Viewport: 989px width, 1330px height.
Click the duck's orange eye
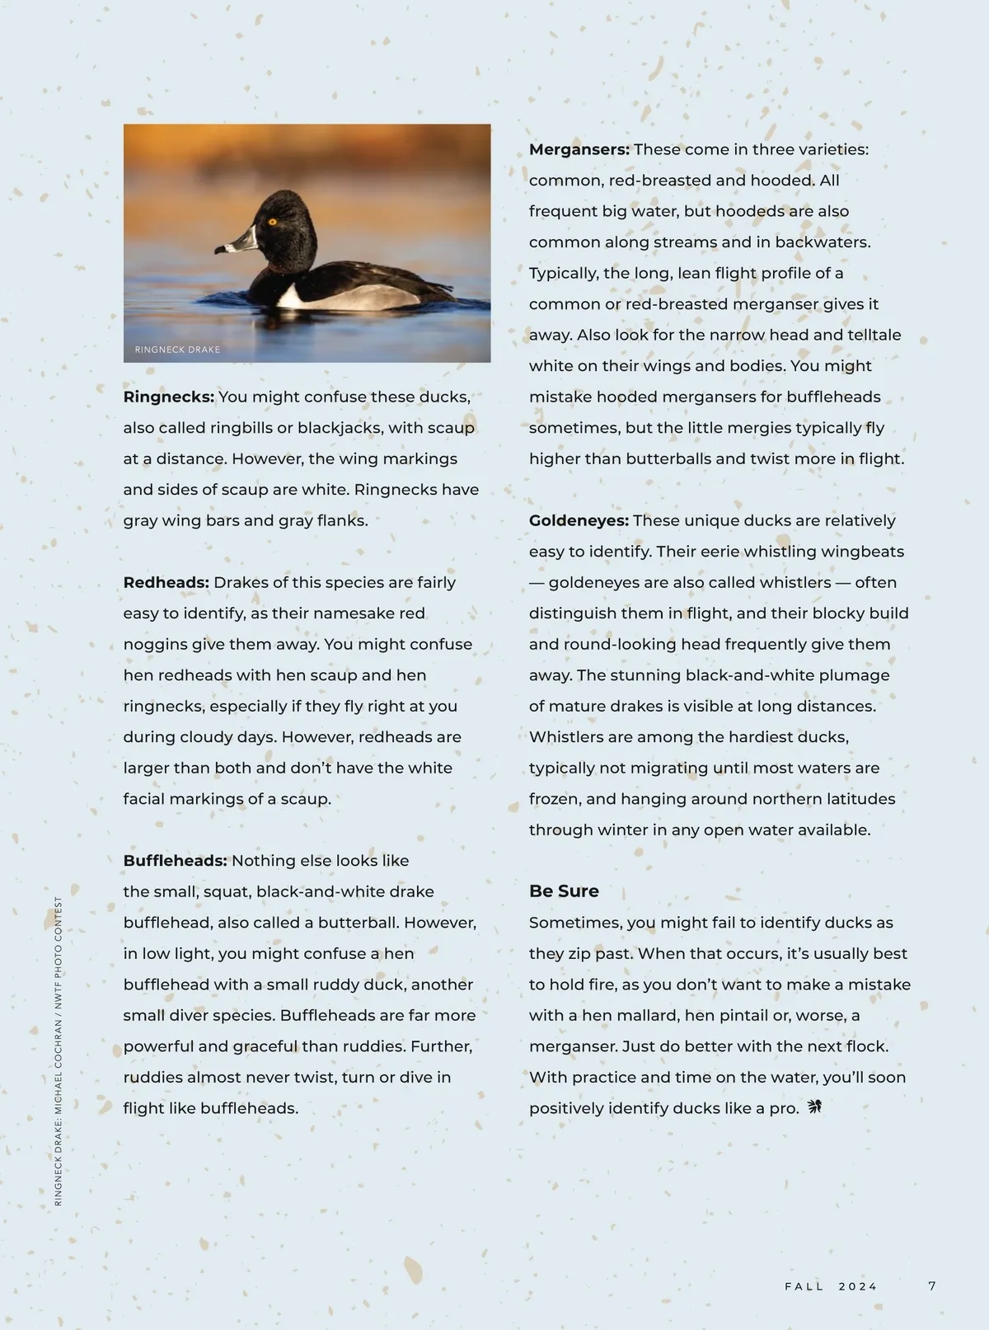point(272,221)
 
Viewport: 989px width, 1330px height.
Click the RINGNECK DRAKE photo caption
point(177,350)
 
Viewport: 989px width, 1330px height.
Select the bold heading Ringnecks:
point(169,397)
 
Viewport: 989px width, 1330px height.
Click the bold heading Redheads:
point(166,582)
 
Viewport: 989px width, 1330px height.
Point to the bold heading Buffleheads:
point(176,861)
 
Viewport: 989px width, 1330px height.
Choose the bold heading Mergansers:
point(579,149)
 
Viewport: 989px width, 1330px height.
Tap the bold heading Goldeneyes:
point(579,520)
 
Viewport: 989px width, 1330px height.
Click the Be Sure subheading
point(564,891)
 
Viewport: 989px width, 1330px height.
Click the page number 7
point(932,1286)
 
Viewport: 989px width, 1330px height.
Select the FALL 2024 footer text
point(831,1286)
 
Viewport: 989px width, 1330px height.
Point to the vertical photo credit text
point(59,1051)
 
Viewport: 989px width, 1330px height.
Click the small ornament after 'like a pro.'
point(815,1107)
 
